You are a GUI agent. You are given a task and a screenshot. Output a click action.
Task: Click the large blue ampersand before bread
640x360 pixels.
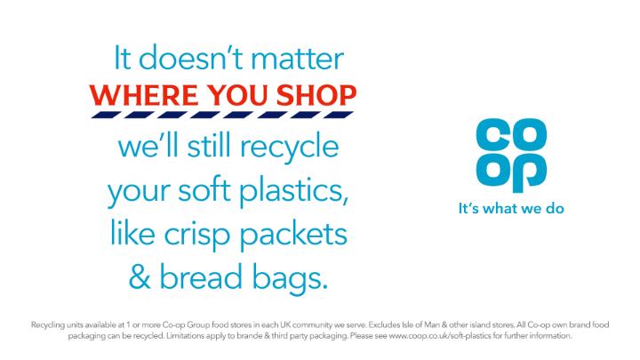(x=140, y=277)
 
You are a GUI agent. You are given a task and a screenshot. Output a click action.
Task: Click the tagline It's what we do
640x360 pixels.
(x=511, y=210)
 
